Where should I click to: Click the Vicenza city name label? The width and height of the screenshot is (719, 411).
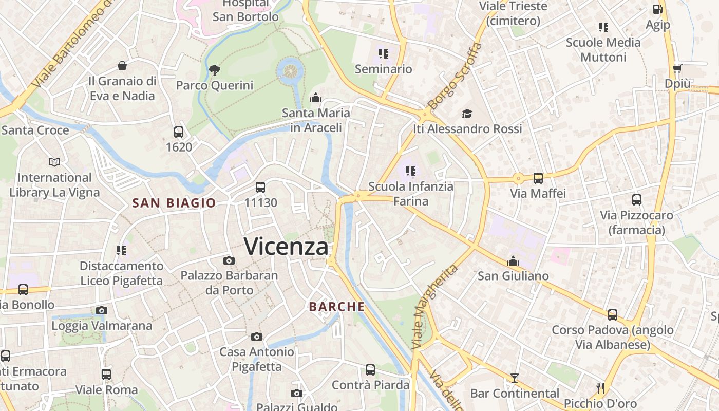click(286, 247)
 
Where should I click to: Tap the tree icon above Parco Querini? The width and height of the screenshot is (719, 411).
click(215, 70)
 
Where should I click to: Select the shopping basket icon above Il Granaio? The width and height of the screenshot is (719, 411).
click(122, 66)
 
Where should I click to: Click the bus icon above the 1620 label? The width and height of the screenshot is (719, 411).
click(179, 132)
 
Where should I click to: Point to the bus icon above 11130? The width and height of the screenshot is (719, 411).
click(260, 188)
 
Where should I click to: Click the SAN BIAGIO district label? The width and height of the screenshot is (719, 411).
click(174, 203)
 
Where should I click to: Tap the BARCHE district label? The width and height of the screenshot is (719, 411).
click(337, 307)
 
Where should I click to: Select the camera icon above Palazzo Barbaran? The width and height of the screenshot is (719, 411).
click(229, 261)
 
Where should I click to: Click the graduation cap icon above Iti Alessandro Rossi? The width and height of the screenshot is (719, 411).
click(467, 114)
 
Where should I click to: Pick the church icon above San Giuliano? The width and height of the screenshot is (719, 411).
click(513, 261)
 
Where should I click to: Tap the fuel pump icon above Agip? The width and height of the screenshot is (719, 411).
click(657, 9)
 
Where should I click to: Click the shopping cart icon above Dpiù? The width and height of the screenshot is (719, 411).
click(677, 68)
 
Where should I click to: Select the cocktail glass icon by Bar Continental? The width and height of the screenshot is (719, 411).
click(515, 378)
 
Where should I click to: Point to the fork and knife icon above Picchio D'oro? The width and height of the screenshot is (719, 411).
click(600, 388)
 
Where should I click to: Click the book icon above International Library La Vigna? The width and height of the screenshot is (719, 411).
click(54, 162)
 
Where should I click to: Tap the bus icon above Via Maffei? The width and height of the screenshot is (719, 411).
click(538, 178)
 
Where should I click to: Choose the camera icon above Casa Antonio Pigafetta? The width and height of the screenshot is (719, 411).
click(257, 337)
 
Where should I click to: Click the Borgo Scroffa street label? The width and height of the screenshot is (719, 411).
click(455, 76)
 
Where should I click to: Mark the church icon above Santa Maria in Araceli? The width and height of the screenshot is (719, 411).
click(315, 98)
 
